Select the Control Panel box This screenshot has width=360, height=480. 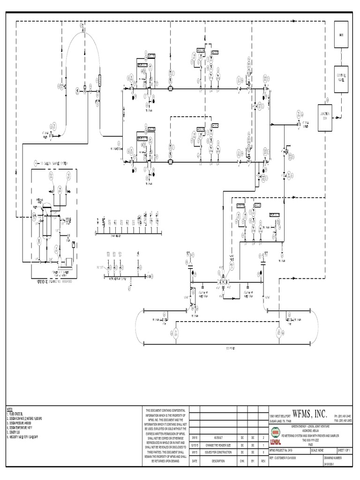(341, 78)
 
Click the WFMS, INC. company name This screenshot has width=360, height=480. (309, 413)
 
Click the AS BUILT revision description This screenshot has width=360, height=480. (215, 437)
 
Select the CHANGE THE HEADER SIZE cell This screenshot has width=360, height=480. (215, 445)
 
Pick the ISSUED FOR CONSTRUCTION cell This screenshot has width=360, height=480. (215, 453)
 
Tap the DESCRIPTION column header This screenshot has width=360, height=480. (215, 461)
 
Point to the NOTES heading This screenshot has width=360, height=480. (10, 410)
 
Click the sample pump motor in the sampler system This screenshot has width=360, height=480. (68, 261)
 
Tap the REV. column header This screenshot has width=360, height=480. (263, 461)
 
